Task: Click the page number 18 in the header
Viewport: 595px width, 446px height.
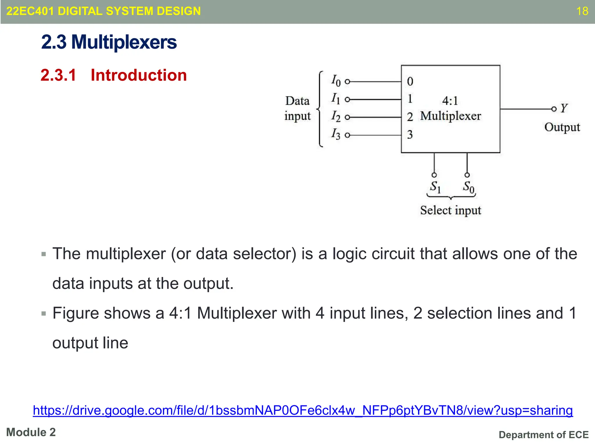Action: pos(582,11)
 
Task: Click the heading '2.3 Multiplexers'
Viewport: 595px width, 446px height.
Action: pos(109,42)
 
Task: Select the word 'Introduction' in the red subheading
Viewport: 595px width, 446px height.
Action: pos(139,75)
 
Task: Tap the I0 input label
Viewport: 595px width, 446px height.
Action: pos(336,80)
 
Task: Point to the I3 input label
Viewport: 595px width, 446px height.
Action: pos(336,134)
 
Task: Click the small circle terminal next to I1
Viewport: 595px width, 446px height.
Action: pos(347,100)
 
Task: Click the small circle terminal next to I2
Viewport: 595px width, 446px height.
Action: pos(347,117)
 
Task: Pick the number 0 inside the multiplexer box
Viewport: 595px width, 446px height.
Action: pos(410,82)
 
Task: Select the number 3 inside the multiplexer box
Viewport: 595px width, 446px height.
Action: pos(410,135)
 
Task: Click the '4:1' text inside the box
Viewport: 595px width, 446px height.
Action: pos(450,101)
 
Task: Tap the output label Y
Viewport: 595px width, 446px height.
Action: pos(564,108)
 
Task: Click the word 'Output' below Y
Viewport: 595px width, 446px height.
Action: pos(562,127)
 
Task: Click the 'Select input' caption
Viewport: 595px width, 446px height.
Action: pos(450,210)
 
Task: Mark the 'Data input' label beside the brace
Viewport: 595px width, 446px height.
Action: pos(297,108)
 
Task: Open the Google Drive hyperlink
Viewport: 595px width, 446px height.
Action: pos(303,410)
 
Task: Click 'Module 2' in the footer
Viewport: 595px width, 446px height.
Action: pos(31,432)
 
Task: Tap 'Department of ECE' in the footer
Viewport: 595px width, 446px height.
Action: pos(543,435)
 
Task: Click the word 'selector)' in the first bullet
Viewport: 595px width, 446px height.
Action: pos(264,254)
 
